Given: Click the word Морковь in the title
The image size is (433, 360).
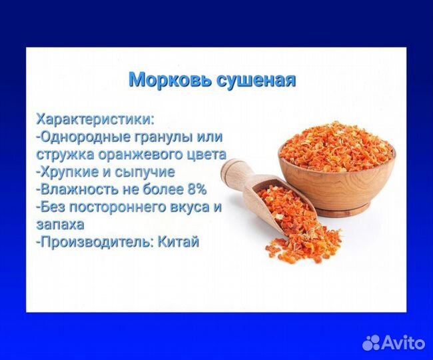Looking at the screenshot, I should click(169, 80).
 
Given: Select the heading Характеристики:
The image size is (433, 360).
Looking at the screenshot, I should click(95, 119).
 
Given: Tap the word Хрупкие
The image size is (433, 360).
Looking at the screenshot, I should click(71, 172).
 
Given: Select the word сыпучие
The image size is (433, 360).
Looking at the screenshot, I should click(147, 172).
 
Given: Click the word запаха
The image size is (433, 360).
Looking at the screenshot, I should click(61, 224).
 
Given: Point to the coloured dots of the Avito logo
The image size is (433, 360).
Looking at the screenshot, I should click(374, 342).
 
